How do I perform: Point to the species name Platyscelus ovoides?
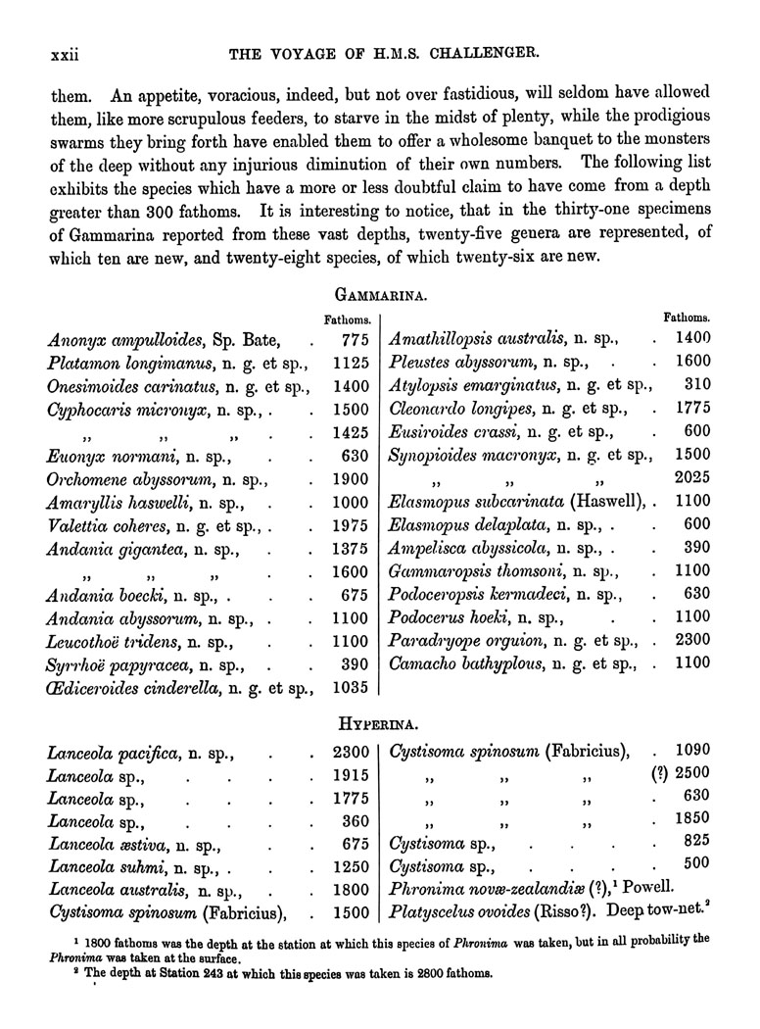coord(461,913)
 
